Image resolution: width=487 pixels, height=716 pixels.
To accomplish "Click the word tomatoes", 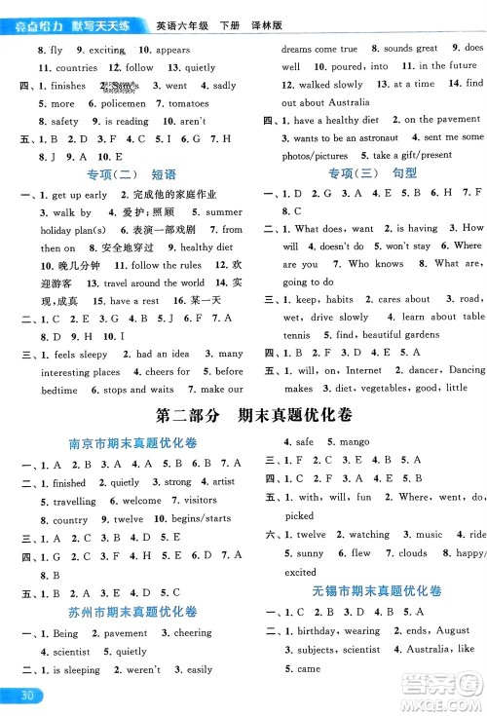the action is click(x=188, y=103).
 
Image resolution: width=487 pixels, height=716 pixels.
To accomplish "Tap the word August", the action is click(x=454, y=631).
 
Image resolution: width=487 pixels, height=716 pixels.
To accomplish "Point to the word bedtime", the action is click(x=60, y=391).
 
